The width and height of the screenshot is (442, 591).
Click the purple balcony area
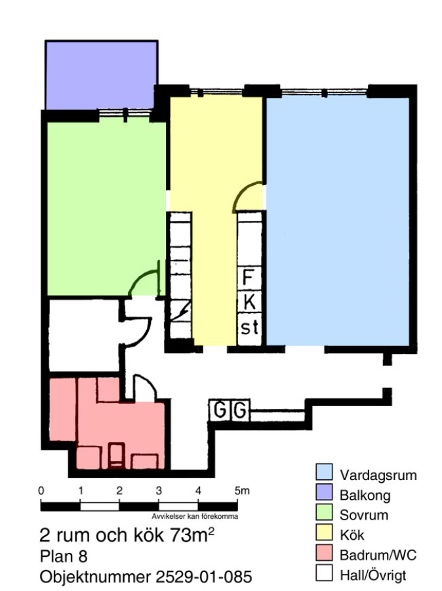[101, 75]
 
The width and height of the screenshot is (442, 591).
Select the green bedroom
[106, 208]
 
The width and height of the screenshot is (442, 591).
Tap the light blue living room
[338, 221]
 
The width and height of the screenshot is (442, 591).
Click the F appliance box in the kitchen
[249, 277]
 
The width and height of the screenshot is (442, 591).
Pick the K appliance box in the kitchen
[249, 301]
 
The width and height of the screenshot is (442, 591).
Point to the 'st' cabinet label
[250, 328]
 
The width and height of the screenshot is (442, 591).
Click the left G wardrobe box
[220, 410]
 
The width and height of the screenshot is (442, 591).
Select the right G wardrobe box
[240, 410]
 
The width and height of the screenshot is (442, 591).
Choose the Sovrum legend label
[364, 515]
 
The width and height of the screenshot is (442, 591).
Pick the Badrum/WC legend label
[378, 555]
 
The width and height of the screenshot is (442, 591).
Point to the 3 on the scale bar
[159, 491]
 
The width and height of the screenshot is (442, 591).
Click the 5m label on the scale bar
[242, 491]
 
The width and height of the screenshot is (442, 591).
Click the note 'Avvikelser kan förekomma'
[195, 516]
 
